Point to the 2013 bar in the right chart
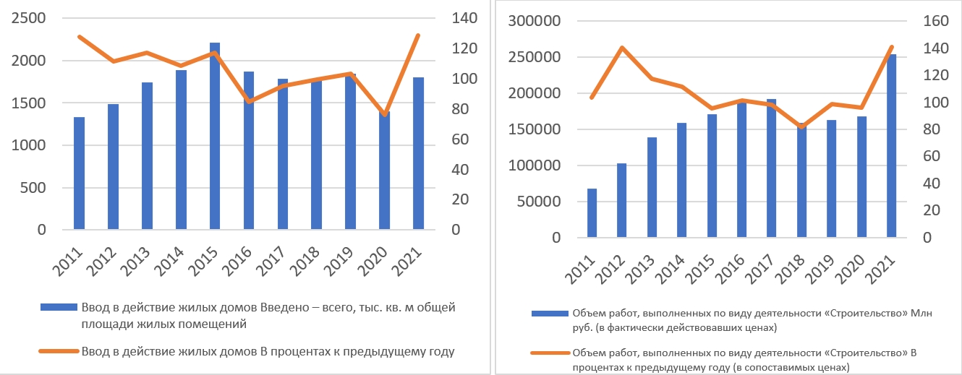652,187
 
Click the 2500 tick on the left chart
29,18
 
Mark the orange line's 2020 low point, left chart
385,115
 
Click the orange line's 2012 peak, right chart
622,48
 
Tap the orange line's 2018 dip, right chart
801,127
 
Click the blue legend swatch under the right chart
550,314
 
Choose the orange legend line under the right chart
550,353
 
